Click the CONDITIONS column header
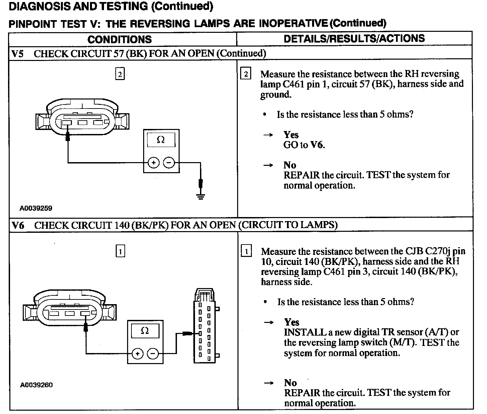(x=119, y=40)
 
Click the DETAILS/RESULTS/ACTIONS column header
(x=354, y=39)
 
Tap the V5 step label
(x=17, y=54)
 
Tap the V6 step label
(x=18, y=225)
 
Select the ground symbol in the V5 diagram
(x=200, y=196)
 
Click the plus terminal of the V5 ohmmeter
(x=153, y=163)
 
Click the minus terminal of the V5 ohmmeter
(x=169, y=163)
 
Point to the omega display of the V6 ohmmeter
(x=145, y=331)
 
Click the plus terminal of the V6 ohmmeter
(x=137, y=353)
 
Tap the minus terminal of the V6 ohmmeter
(x=153, y=353)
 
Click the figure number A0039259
(x=36, y=208)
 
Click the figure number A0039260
(x=36, y=385)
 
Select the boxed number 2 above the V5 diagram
(x=119, y=74)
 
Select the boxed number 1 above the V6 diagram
(x=120, y=251)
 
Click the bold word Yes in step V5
(x=291, y=135)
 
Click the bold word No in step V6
(x=290, y=383)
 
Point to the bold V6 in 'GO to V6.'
(x=317, y=145)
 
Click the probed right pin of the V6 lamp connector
(x=86, y=314)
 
